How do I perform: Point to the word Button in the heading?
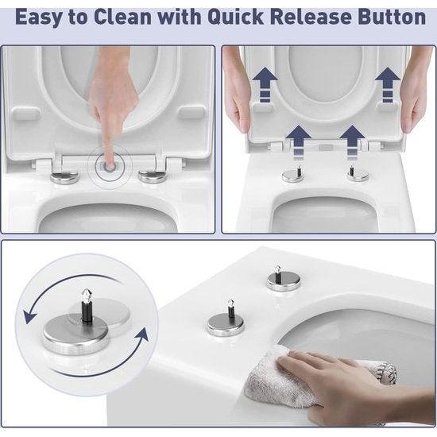(x=396, y=17)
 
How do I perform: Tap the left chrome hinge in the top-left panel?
(x=64, y=174)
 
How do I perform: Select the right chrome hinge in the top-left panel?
(x=152, y=174)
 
